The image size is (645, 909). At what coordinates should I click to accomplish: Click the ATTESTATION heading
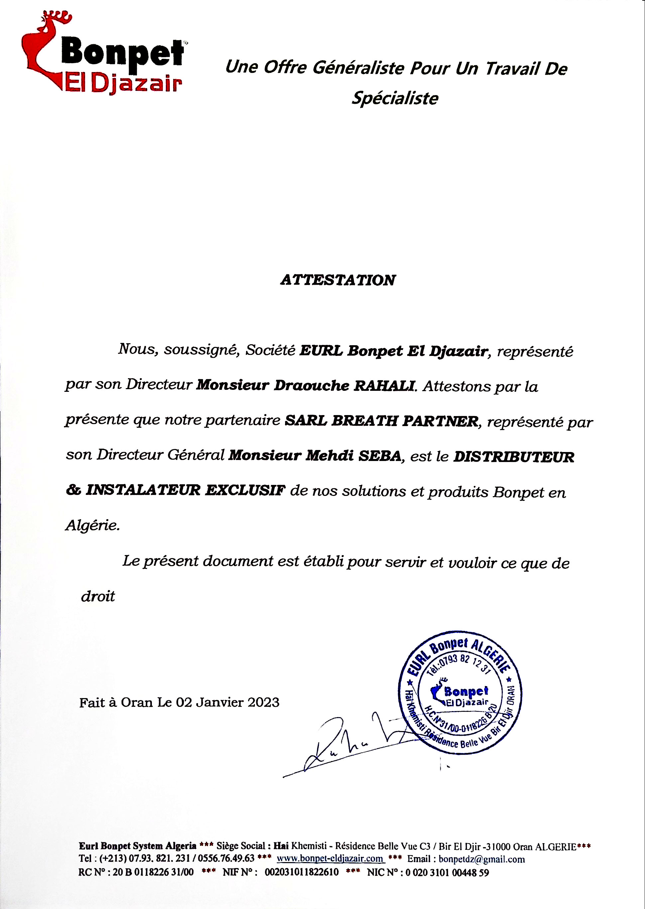pyautogui.click(x=338, y=280)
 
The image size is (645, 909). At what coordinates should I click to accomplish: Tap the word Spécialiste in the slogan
pyautogui.click(x=395, y=98)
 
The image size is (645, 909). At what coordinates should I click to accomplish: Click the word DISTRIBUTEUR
pyautogui.click(x=513, y=457)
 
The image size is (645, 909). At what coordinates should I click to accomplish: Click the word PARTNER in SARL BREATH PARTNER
pyautogui.click(x=440, y=421)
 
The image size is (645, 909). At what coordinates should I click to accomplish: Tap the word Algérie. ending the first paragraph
pyautogui.click(x=92, y=526)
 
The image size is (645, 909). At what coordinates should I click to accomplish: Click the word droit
pyautogui.click(x=98, y=596)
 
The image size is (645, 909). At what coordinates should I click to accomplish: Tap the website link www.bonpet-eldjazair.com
pyautogui.click(x=330, y=858)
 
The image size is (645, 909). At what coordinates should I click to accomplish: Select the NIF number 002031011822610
pyautogui.click(x=301, y=872)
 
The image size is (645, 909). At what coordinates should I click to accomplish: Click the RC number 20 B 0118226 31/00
pyautogui.click(x=153, y=872)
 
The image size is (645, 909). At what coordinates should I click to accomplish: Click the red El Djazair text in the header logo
pyautogui.click(x=123, y=84)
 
